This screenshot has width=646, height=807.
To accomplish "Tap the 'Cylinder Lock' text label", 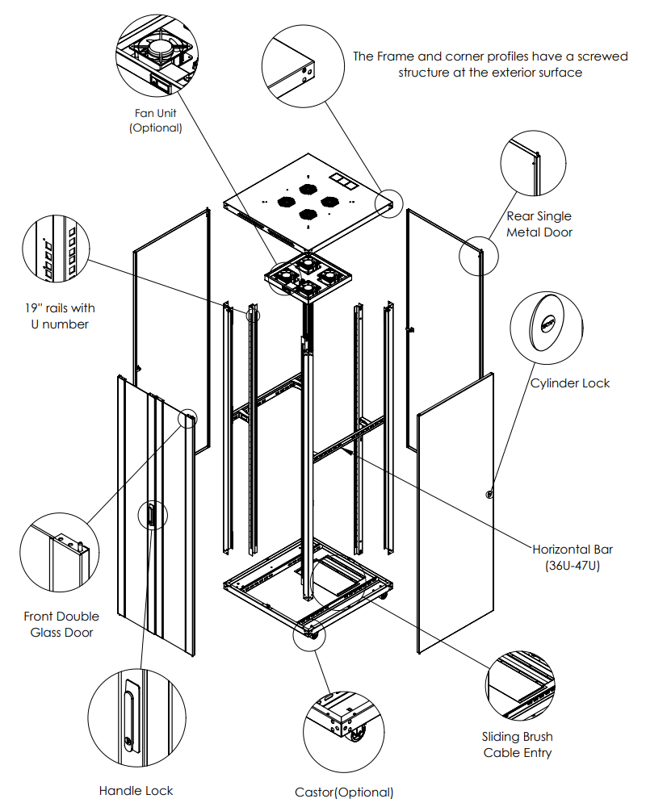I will pyautogui.click(x=570, y=383).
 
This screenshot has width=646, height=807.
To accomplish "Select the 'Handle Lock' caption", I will pyautogui.click(x=136, y=790).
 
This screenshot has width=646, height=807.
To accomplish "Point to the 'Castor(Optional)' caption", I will pyautogui.click(x=344, y=792).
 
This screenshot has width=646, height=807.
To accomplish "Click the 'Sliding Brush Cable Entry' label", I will pyautogui.click(x=518, y=744).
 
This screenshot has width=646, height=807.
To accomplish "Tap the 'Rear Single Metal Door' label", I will pyautogui.click(x=539, y=224).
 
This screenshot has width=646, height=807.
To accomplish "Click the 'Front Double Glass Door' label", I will pyautogui.click(x=62, y=624).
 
